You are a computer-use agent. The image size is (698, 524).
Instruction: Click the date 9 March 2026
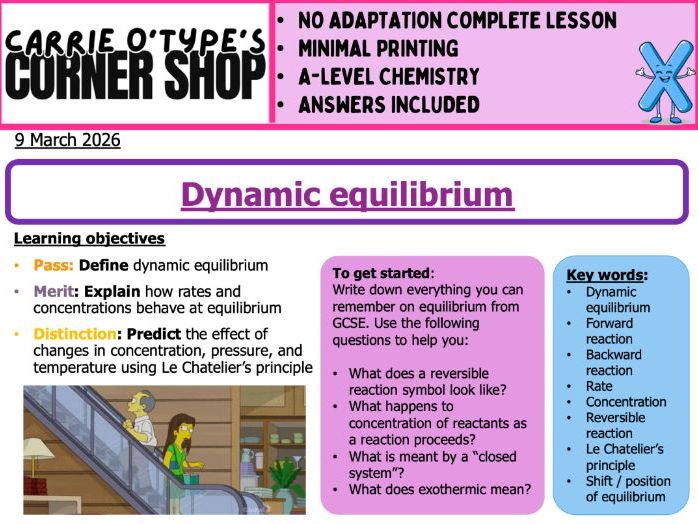tap(67, 140)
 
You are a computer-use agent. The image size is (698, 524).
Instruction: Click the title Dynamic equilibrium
tap(347, 193)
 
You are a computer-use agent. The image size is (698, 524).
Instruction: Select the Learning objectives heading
tap(89, 239)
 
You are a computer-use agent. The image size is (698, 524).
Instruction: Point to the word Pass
tap(52, 265)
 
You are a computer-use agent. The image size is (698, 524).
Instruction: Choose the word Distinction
tap(75, 334)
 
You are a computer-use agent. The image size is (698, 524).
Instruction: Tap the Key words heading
tap(607, 274)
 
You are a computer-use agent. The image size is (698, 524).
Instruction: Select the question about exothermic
tap(439, 489)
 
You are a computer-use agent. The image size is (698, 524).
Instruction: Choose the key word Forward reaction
tap(609, 331)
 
